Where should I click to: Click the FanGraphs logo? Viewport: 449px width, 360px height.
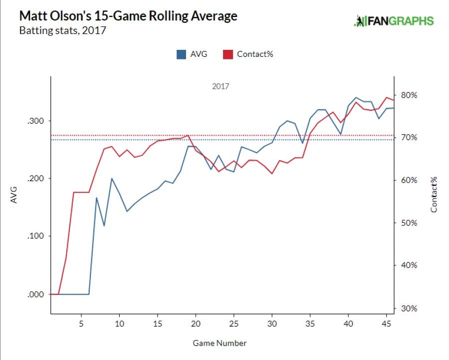(394, 21)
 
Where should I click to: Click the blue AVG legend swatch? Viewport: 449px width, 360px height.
(181, 54)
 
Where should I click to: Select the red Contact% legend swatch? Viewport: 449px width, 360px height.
(228, 54)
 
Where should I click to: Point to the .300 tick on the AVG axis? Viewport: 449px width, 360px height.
(37, 121)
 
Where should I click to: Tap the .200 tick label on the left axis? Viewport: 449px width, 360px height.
(37, 179)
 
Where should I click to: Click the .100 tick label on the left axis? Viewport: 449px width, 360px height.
(37, 236)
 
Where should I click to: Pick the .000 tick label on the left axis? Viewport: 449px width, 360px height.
(37, 294)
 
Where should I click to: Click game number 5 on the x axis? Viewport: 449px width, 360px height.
(81, 324)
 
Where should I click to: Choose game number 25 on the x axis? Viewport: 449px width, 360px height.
(234, 324)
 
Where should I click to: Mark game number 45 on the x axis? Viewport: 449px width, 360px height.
(387, 324)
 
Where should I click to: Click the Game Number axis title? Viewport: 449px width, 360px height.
(221, 343)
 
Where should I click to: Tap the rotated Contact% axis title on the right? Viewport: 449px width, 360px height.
(434, 193)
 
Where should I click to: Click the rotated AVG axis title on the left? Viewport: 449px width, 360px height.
(14, 194)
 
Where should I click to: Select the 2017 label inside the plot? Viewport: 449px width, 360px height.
(221, 86)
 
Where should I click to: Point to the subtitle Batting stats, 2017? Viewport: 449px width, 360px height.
(62, 30)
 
